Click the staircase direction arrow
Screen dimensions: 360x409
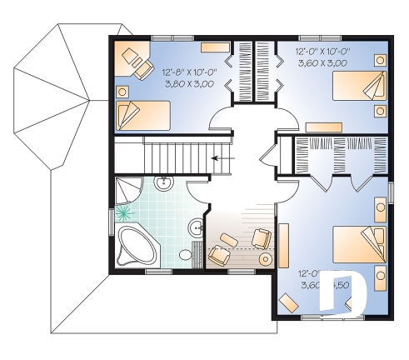point(222,157)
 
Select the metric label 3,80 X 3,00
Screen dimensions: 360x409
point(191,83)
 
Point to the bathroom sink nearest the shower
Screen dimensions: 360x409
point(163,182)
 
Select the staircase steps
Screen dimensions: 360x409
point(175,157)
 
